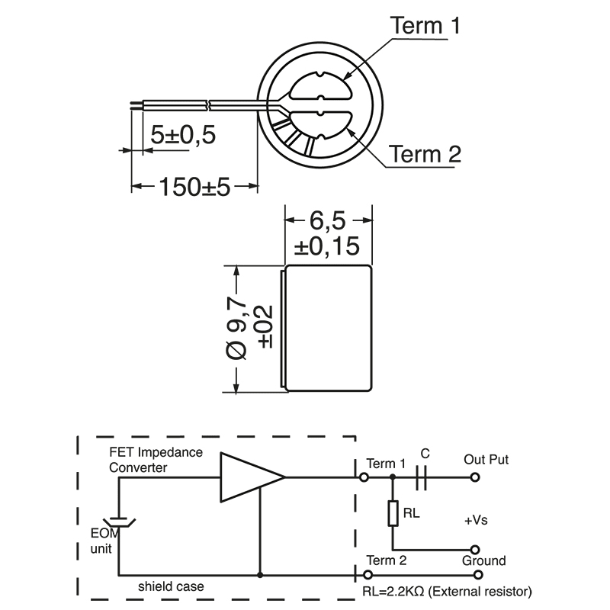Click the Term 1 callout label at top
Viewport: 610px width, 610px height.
click(x=425, y=26)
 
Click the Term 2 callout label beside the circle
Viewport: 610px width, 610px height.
click(x=425, y=155)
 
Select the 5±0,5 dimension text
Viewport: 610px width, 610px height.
click(x=183, y=135)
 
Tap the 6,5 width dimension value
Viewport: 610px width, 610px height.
click(x=328, y=221)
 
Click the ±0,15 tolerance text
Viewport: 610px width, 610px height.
click(x=328, y=247)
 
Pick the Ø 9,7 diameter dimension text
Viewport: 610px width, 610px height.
click(x=237, y=329)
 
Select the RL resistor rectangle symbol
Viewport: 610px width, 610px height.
click(x=393, y=513)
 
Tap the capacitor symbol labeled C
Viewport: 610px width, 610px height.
click(x=424, y=477)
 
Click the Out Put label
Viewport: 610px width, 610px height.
click(x=486, y=460)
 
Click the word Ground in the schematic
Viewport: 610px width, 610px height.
click(x=484, y=561)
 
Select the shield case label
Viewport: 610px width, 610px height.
click(x=171, y=587)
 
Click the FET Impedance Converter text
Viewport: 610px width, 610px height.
click(x=156, y=460)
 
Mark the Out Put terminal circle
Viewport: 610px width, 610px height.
click(x=475, y=478)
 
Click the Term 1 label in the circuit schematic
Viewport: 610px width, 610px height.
click(x=386, y=464)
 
